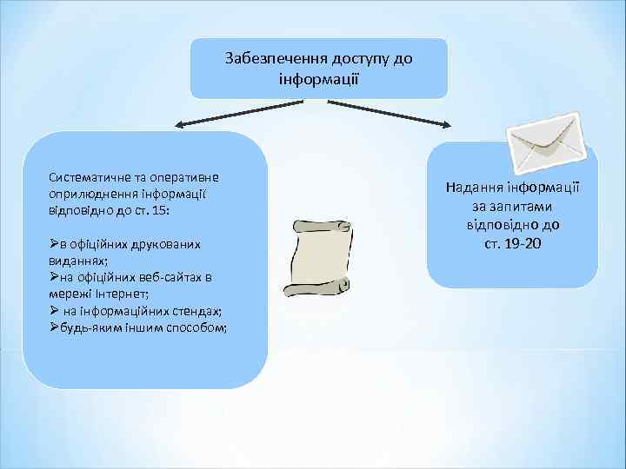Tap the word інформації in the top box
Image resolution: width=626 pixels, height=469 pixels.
[x=319, y=77]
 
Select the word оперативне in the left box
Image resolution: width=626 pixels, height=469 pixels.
[x=182, y=177]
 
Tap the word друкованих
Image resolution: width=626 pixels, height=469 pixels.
[x=170, y=244]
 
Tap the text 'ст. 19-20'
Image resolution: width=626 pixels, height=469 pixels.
[x=513, y=244]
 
